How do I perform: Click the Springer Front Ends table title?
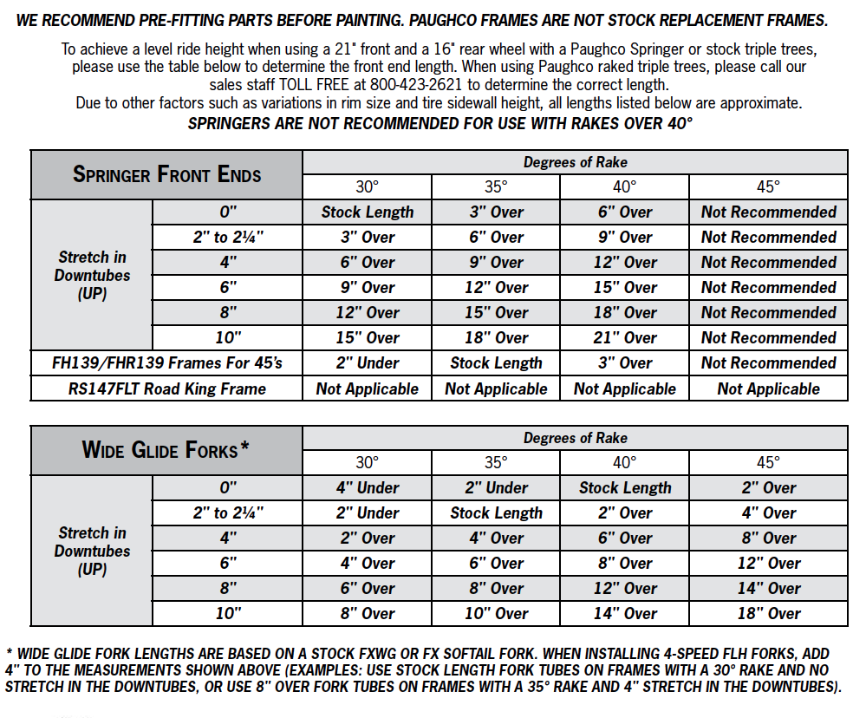coord(166,174)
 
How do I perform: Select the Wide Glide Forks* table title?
coord(166,450)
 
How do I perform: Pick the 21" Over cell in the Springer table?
coord(625,338)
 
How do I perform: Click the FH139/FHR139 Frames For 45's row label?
coord(166,363)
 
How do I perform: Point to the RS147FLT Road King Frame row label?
coord(166,388)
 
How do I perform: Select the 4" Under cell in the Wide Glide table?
coord(368,488)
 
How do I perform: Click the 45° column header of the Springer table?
coord(768,186)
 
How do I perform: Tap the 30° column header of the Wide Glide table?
coord(368,463)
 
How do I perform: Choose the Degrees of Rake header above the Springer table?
coord(575,162)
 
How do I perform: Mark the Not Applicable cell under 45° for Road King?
coord(768,388)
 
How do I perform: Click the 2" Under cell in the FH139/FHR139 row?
coord(368,363)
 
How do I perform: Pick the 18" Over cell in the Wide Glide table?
coord(768,614)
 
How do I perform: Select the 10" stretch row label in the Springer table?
coord(228,338)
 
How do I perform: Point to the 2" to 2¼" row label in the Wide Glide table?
coord(228,513)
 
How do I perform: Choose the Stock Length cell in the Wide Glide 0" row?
coord(625,488)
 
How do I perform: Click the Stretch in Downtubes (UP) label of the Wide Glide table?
coord(92,551)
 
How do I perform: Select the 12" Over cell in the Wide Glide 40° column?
coord(625,589)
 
